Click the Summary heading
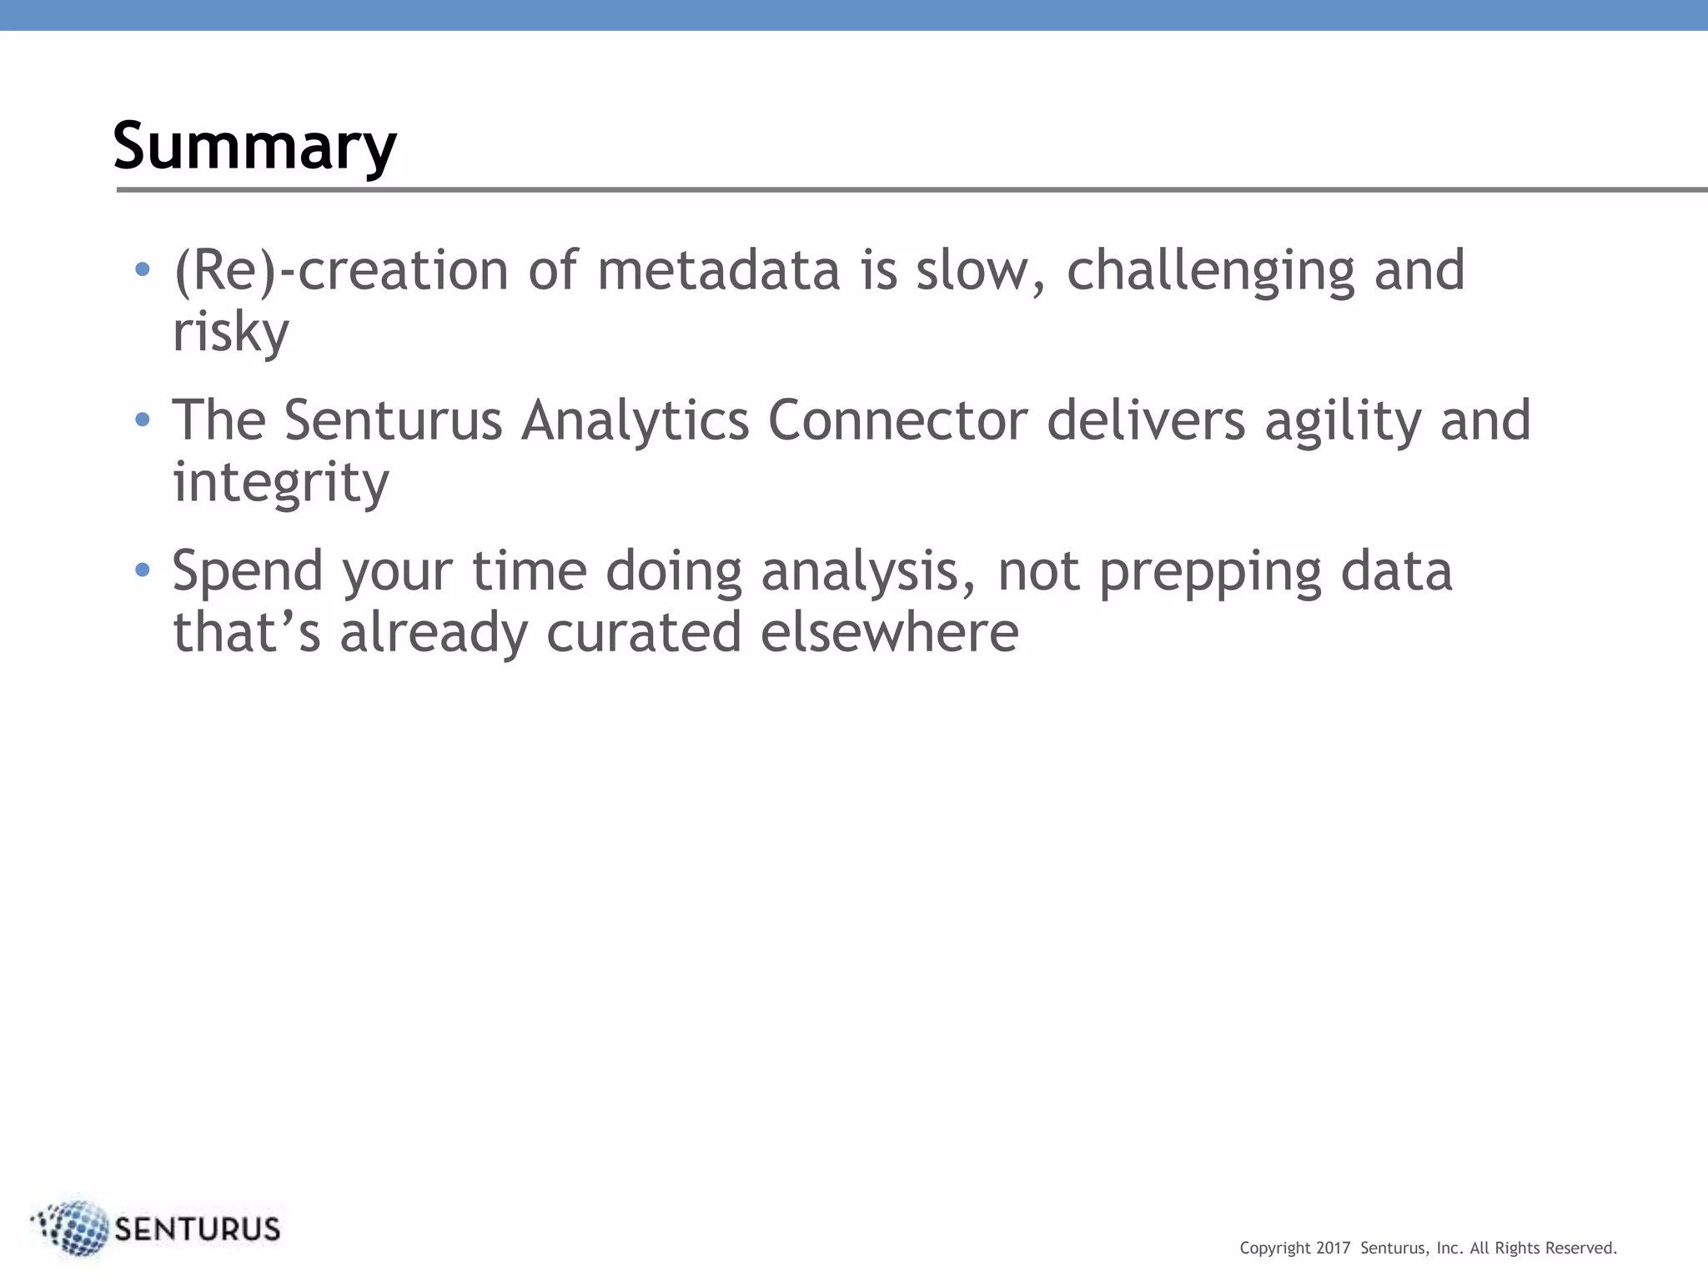pos(254,146)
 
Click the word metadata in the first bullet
pos(718,271)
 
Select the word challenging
pos(1210,271)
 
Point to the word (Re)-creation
pos(340,271)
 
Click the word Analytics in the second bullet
pos(635,420)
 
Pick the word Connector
pos(897,420)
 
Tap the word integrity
pos(280,483)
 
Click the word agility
pos(1343,420)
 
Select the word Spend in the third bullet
pos(248,572)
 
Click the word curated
pos(644,632)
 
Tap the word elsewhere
pos(889,632)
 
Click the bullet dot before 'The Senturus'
pos(143,419)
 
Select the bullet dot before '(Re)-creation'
pos(143,269)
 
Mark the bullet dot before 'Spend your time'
pos(143,570)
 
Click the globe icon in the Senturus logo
pos(73,1228)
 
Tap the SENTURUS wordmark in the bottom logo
pos(197,1229)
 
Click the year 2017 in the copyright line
pos(1333,1248)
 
